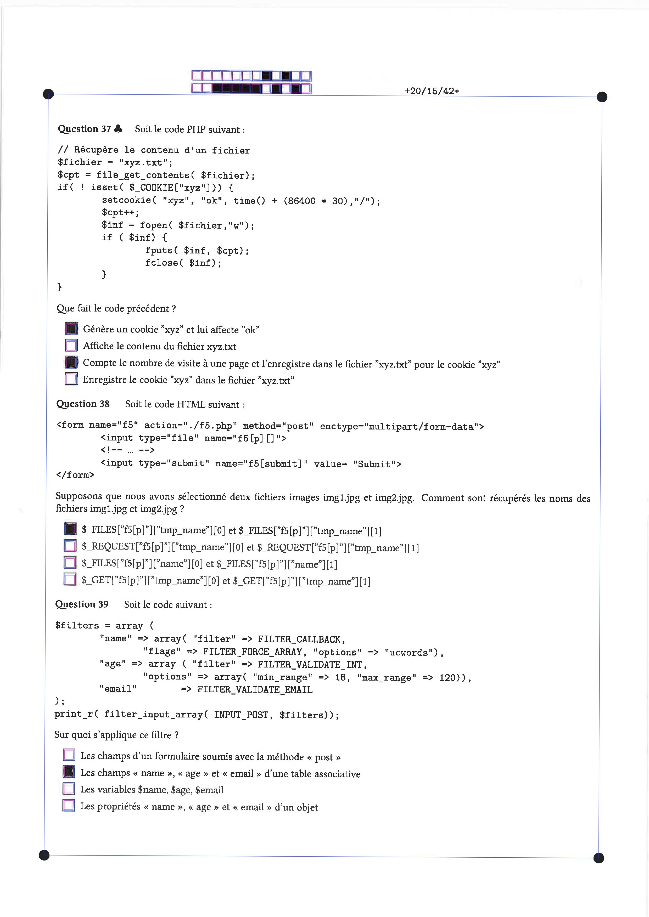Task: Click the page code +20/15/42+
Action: (432, 91)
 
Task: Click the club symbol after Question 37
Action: (118, 129)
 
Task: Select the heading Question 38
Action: (83, 404)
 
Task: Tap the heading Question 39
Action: (82, 604)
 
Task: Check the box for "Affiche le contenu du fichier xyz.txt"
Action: (71, 345)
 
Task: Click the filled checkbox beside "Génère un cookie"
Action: (71, 329)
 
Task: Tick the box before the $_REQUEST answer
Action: (70, 546)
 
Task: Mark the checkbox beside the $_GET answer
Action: (70, 579)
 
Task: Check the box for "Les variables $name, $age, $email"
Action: (69, 788)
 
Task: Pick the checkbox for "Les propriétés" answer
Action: (69, 805)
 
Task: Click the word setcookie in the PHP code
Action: (126, 200)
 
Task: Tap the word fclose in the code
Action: (161, 262)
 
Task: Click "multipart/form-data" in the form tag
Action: (421, 427)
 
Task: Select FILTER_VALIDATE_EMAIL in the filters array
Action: (255, 689)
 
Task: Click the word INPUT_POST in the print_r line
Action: (241, 715)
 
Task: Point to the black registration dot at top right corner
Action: (602, 97)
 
